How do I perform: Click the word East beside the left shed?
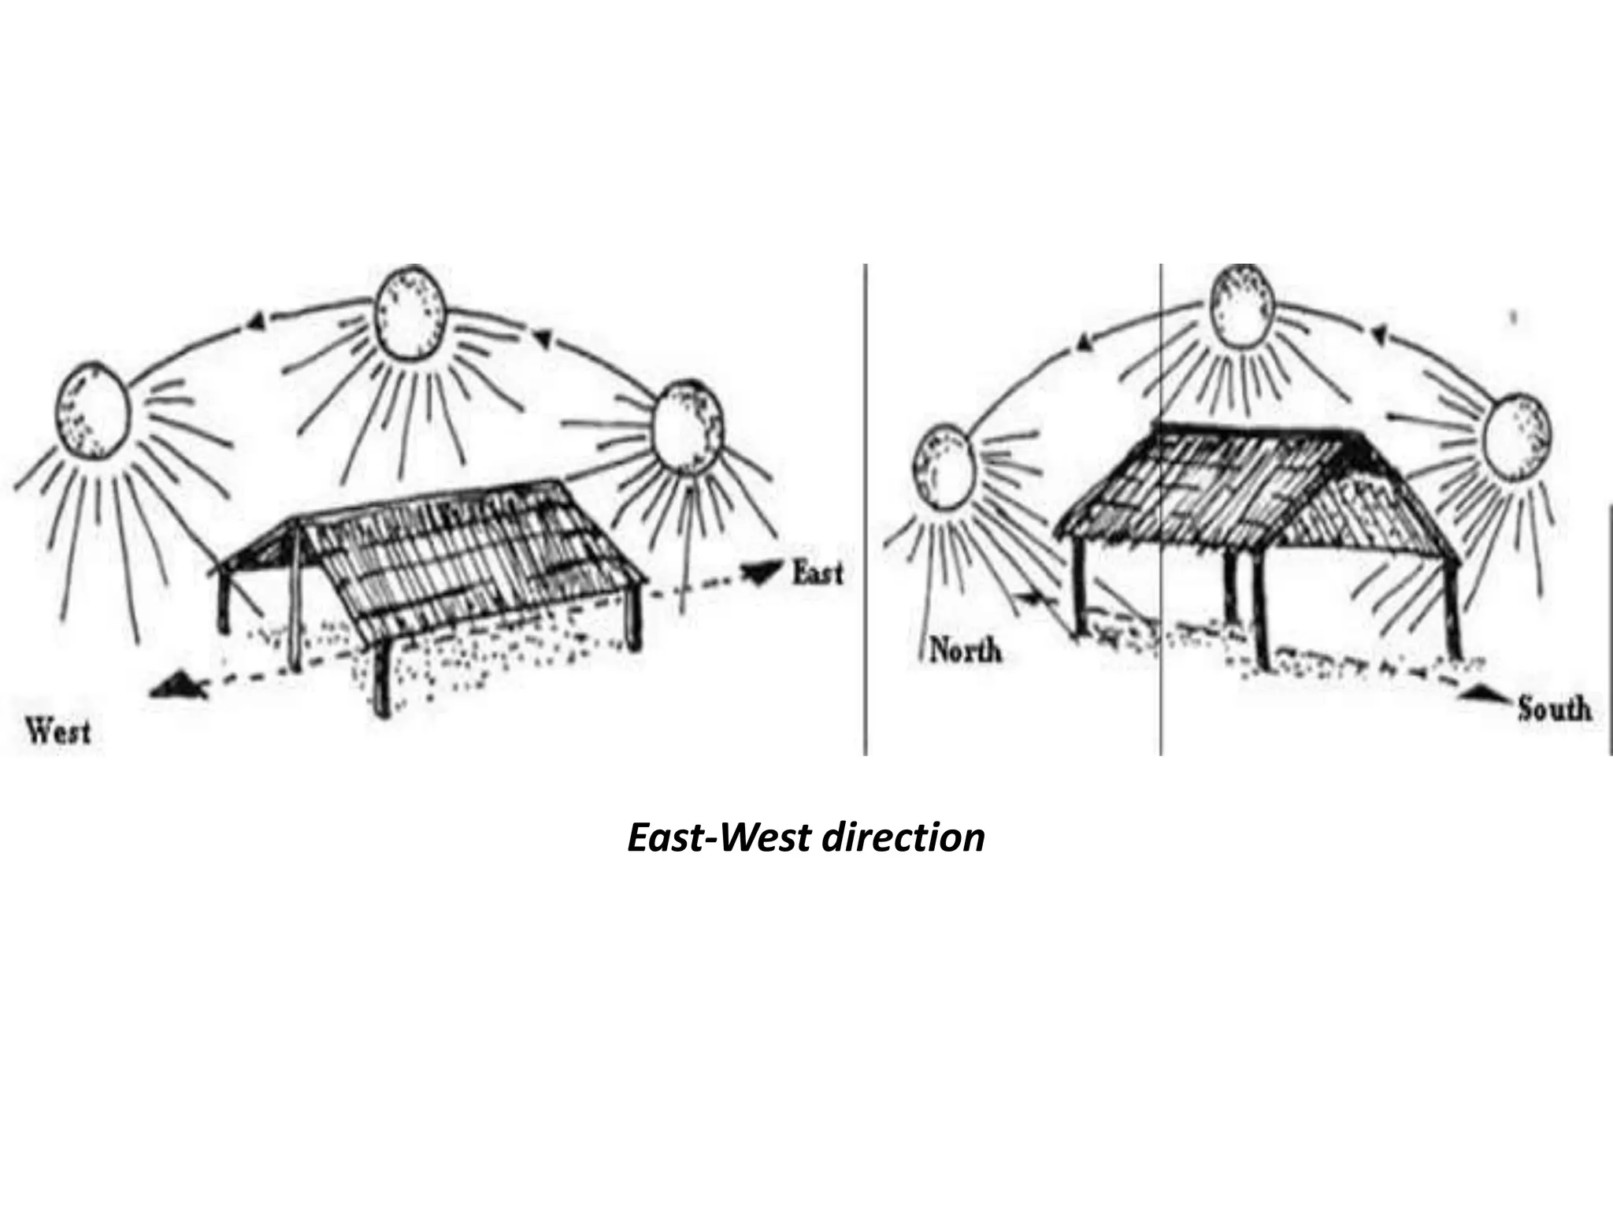tap(816, 573)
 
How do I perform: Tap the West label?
tap(59, 732)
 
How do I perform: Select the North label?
tap(966, 650)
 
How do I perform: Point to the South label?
tap(1554, 709)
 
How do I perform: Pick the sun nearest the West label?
tap(91, 410)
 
